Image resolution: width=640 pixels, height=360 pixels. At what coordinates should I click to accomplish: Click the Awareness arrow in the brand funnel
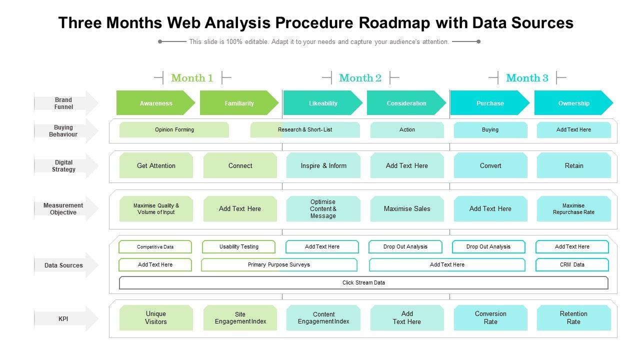[155, 103]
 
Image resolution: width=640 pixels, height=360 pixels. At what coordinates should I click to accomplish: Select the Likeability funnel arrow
[323, 103]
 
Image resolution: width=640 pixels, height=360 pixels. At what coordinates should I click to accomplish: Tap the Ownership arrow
[573, 103]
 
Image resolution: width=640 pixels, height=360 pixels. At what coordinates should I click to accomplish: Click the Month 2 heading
[360, 78]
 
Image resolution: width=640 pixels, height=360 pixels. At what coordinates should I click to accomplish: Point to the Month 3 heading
[527, 78]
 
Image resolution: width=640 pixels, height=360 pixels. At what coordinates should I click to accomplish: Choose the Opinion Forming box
[174, 129]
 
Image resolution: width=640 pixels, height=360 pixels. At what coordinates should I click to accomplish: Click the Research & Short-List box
[305, 129]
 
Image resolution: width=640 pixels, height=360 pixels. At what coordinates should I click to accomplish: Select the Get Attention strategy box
[156, 165]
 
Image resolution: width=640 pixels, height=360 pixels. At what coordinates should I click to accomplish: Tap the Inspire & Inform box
[323, 165]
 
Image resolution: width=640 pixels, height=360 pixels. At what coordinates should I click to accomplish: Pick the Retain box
[574, 165]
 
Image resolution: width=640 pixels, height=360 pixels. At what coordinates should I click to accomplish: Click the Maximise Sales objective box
[407, 208]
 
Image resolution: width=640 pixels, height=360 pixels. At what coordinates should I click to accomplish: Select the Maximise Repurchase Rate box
[574, 208]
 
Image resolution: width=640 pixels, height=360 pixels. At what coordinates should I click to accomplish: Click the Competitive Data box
[155, 247]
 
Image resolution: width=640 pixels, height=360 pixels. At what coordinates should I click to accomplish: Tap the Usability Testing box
[238, 247]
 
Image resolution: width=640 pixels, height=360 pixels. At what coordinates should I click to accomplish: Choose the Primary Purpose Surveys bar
[279, 265]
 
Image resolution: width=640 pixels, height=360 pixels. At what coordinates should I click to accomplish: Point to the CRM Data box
[572, 265]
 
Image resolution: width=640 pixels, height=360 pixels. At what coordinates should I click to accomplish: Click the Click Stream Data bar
[363, 283]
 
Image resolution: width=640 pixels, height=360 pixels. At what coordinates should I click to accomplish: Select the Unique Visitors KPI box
[156, 318]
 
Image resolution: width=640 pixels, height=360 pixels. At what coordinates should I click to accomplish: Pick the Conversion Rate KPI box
[490, 318]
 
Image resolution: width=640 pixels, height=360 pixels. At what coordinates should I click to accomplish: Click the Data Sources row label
[64, 265]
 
